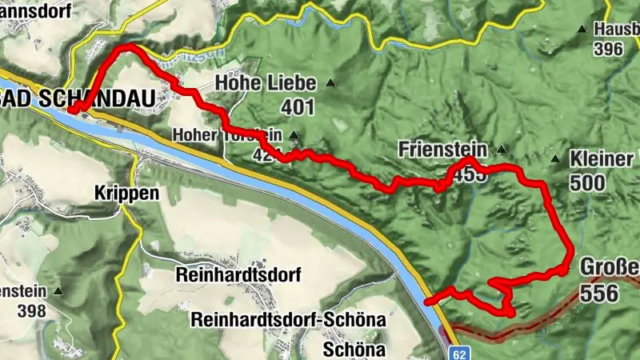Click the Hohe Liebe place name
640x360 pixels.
[266, 82]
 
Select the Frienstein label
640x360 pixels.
[442, 149]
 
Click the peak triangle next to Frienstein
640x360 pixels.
[502, 149]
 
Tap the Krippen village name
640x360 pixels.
[126, 194]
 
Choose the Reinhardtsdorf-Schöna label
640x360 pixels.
[288, 320]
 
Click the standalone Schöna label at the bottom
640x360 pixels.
[354, 350]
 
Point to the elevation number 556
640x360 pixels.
[599, 293]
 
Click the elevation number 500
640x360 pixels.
[587, 182]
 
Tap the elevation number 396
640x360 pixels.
[608, 50]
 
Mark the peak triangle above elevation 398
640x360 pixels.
[58, 291]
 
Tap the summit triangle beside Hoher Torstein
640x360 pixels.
[294, 135]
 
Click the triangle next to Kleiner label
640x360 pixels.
[555, 160]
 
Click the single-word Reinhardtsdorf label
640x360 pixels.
[238, 275]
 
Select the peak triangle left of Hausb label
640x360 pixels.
[581, 30]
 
